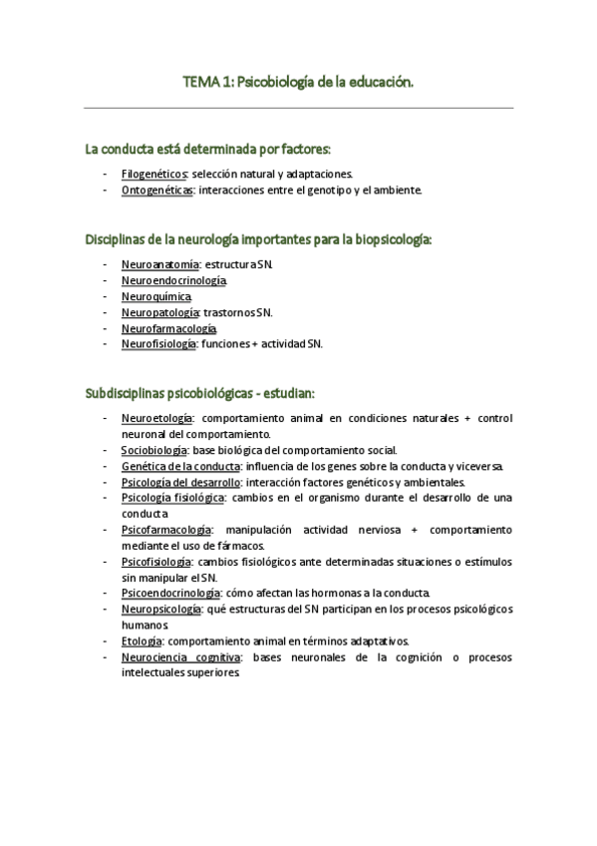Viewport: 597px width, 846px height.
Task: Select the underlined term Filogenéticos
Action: (153, 173)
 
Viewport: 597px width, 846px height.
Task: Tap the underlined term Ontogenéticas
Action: (156, 190)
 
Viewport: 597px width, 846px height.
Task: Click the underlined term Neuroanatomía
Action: (160, 263)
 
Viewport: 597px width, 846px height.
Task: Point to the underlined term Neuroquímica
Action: (156, 296)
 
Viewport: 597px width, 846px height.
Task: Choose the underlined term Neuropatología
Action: (159, 312)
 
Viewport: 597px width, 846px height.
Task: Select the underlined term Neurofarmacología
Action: (168, 328)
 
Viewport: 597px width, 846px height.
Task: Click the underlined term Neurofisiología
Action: (159, 344)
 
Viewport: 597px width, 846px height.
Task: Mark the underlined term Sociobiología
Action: (153, 450)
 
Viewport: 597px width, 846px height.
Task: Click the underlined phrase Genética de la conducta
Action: (180, 466)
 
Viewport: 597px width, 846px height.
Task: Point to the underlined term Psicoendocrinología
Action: (170, 593)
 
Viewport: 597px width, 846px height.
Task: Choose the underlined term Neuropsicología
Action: (161, 609)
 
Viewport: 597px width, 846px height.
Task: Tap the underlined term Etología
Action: (142, 640)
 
